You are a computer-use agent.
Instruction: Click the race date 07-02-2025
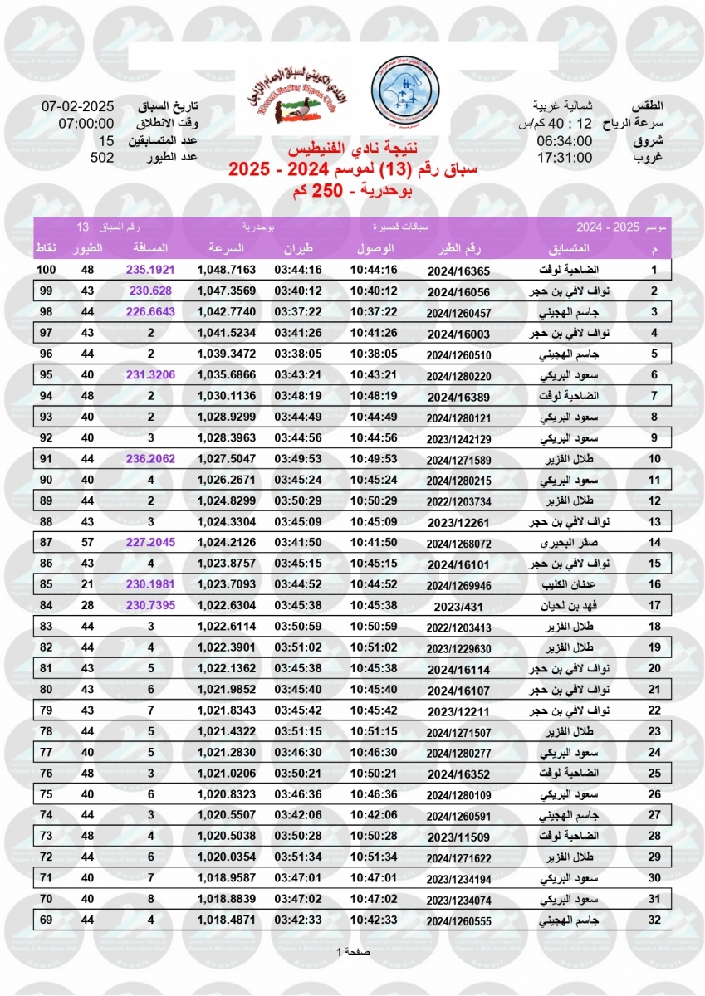click(77, 106)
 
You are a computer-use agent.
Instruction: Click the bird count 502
click(102, 158)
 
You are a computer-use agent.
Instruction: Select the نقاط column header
click(47, 249)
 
